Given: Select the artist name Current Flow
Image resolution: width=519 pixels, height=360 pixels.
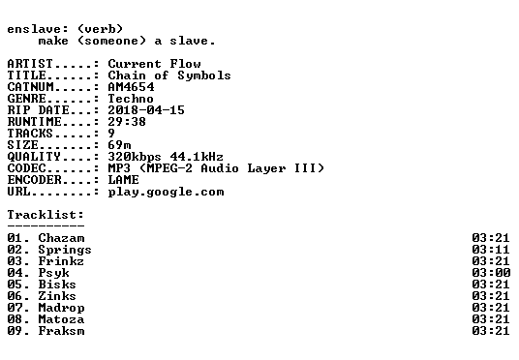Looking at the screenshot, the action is (154, 64).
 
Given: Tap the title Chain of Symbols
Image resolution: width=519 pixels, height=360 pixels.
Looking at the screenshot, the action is (169, 75).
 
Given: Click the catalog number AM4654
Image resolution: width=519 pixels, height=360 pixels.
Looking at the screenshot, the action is (131, 87).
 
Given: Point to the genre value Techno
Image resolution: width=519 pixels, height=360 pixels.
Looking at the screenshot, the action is (131, 99).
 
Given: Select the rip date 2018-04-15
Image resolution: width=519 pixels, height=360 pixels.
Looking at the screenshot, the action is (146, 110).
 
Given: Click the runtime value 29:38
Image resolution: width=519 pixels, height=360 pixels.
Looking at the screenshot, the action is (127, 122).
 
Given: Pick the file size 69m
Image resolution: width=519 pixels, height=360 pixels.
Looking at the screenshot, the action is (119, 145).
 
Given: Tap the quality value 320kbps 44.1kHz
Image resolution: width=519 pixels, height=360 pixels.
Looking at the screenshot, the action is (166, 157).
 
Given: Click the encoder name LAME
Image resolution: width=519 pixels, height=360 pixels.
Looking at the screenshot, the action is (124, 180).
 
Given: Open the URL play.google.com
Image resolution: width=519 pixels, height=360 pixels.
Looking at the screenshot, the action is (166, 193).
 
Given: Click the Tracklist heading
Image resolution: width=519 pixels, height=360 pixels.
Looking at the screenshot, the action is (46, 215).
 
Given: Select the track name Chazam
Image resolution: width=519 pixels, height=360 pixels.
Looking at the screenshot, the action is (61, 238).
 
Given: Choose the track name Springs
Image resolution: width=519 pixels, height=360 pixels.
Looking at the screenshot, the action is (65, 250).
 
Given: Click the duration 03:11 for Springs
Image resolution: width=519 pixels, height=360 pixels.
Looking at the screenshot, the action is (491, 250).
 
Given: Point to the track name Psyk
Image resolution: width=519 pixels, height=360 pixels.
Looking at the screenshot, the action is (53, 273).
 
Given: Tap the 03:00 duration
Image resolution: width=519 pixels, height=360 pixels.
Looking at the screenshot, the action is (491, 273).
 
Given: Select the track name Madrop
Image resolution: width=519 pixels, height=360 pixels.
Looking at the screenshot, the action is (61, 308).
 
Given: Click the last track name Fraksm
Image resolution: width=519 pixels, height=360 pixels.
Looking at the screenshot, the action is (61, 331).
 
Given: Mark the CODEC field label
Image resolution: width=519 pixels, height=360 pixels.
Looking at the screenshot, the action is (26, 168).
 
